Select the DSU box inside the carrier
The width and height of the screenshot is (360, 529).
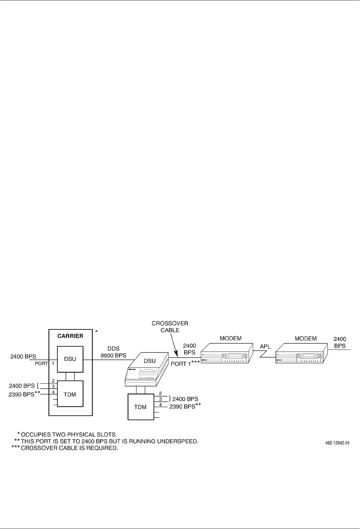70,359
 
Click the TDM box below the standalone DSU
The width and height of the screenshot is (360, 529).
141,407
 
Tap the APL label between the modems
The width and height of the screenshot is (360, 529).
265,345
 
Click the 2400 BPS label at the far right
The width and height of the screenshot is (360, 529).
340,342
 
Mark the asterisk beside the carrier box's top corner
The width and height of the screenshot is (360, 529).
96,332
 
